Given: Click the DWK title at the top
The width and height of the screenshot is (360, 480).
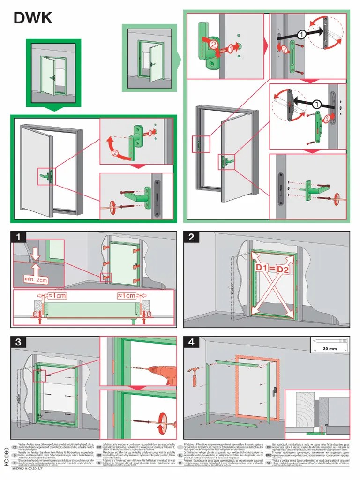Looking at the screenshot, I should pos(33,17).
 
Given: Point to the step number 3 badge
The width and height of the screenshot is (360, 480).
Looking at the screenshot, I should pos(18,342).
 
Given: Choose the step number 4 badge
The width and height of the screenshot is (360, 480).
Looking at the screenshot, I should pos(191,342).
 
